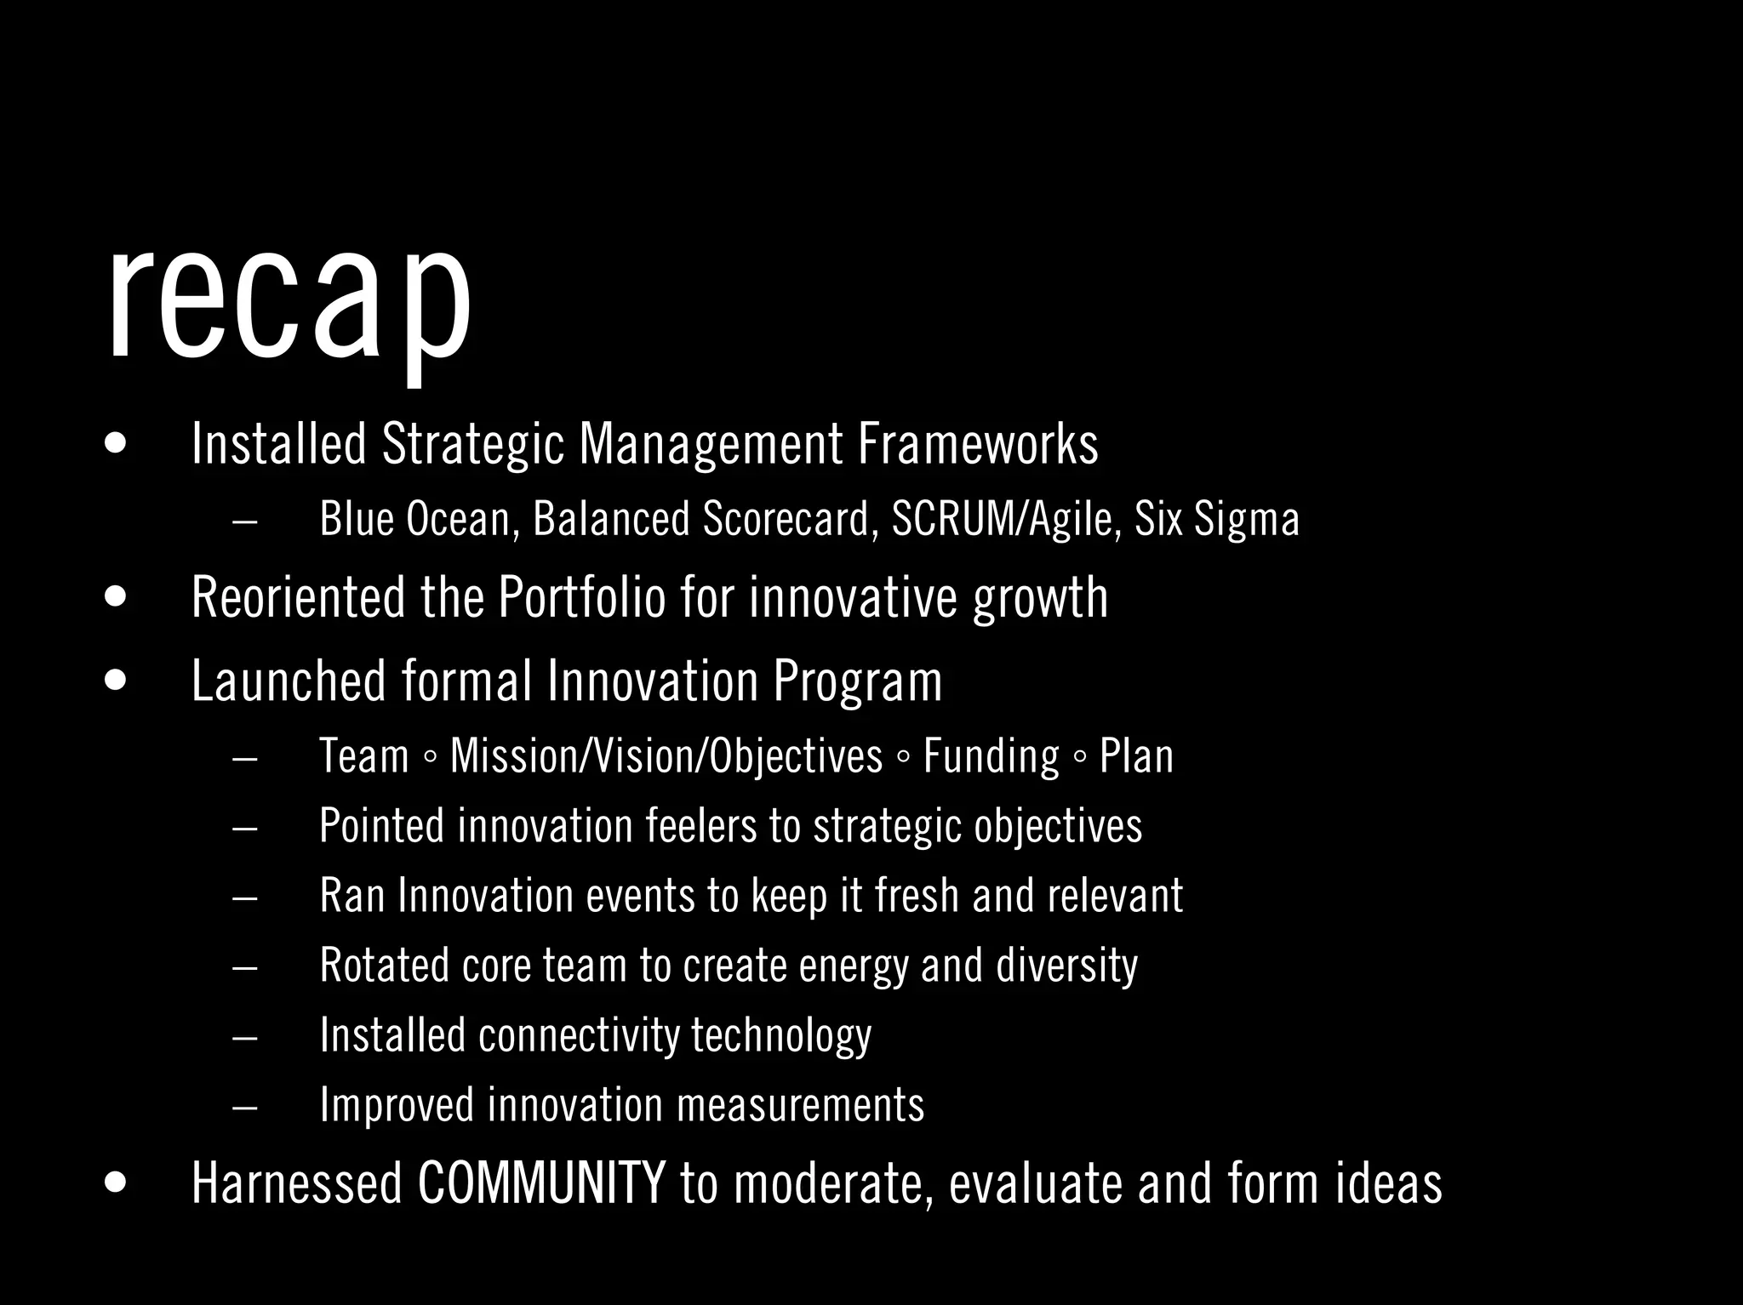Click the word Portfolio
(581, 597)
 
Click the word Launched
(289, 681)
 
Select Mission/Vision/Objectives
(666, 755)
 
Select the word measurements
(800, 1104)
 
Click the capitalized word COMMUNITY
(541, 1182)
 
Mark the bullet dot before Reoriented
(115, 597)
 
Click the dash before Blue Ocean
(244, 521)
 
